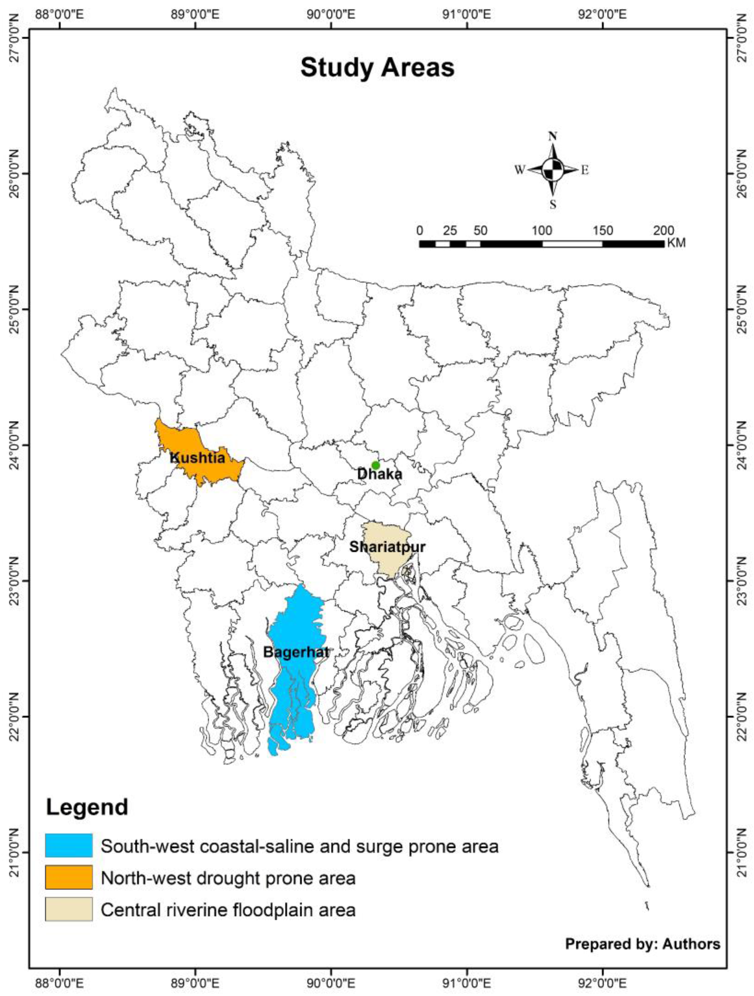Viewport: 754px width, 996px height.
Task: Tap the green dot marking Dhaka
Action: pos(376,465)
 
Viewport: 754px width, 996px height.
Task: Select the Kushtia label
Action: pos(197,458)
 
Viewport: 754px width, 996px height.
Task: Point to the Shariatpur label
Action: pos(387,547)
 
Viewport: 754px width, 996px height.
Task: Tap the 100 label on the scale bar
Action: pos(542,230)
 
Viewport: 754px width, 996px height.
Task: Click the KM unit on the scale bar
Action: pos(676,243)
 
